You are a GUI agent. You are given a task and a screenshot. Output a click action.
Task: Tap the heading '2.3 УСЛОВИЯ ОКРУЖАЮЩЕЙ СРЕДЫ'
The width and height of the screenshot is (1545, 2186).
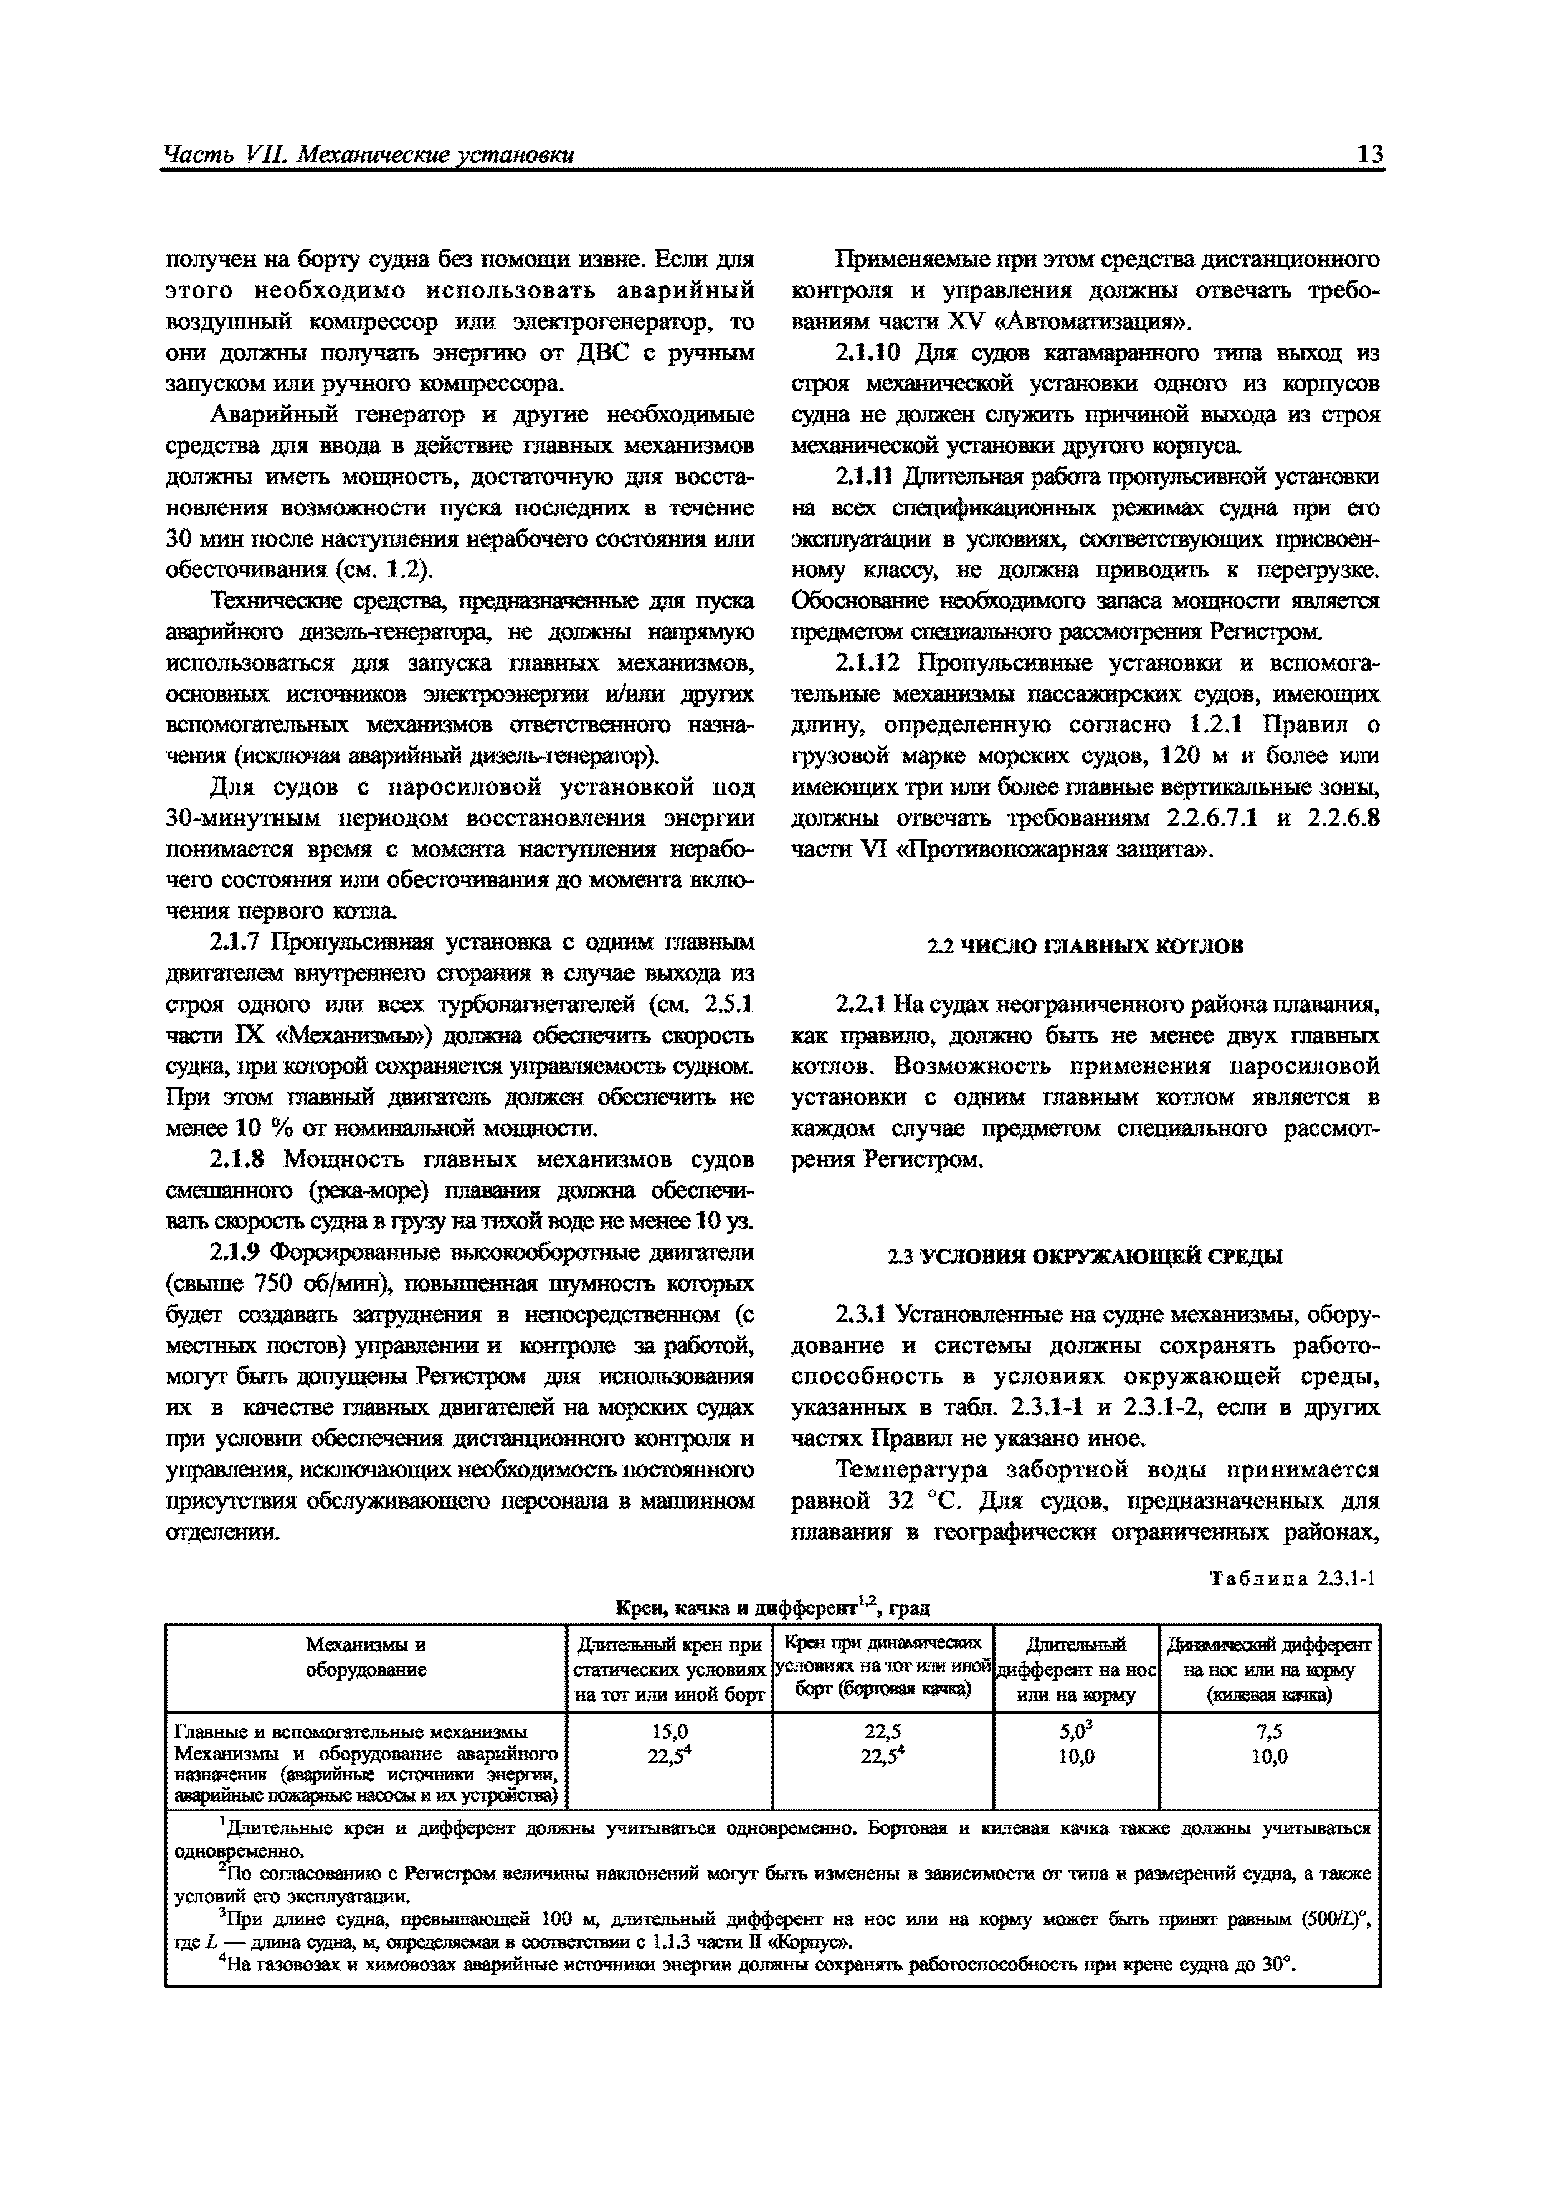pyautogui.click(x=1085, y=1257)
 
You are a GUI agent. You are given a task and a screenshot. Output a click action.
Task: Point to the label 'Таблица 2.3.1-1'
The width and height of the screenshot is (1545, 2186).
pyautogui.click(x=1292, y=1578)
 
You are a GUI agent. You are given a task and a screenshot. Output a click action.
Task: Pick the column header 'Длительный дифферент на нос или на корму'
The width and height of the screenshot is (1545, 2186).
pyautogui.click(x=1076, y=1669)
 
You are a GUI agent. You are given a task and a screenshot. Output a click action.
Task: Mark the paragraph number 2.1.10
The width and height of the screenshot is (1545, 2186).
pyautogui.click(x=867, y=353)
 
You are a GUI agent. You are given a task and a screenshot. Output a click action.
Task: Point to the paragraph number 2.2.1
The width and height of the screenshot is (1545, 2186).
pyautogui.click(x=860, y=1005)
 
